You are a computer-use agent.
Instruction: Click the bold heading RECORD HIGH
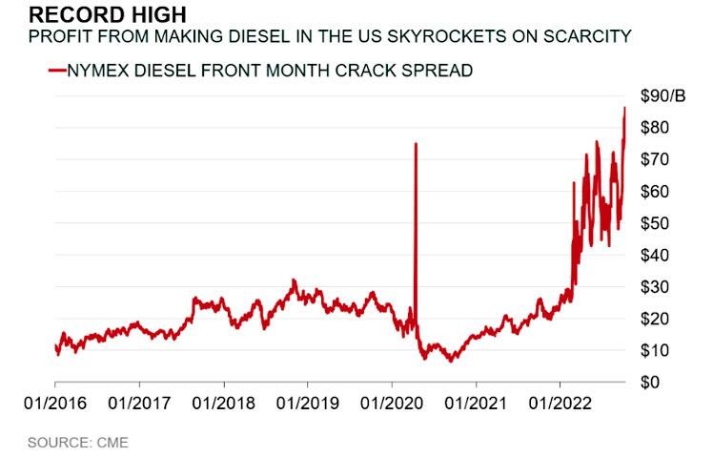click(x=93, y=15)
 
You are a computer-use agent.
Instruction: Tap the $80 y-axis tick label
click(x=652, y=128)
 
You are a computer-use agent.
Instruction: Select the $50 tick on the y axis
click(x=652, y=223)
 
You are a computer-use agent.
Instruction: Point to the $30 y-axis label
click(x=652, y=287)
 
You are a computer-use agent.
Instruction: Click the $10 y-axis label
click(x=652, y=350)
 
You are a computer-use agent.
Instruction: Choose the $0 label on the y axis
click(x=648, y=382)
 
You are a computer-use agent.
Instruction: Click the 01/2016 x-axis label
click(x=54, y=405)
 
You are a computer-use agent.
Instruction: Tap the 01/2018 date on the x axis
click(x=222, y=405)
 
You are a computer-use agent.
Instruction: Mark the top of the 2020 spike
click(x=416, y=144)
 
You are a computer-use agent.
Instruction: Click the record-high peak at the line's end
click(x=624, y=108)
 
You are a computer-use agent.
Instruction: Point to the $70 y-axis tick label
click(x=652, y=159)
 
